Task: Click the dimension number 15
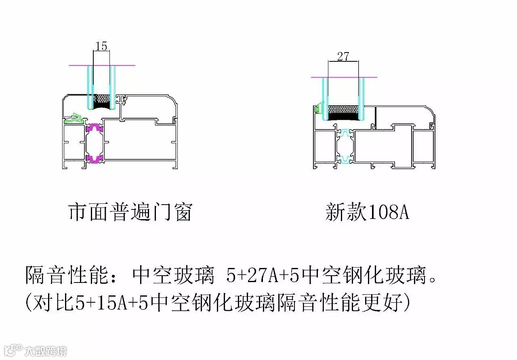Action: [x=101, y=46]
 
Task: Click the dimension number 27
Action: [x=343, y=56]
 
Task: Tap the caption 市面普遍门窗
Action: [x=130, y=212]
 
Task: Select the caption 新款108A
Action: [x=367, y=212]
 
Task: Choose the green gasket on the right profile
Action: [x=319, y=108]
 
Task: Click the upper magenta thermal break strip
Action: [x=95, y=128]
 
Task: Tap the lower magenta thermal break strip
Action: [x=95, y=159]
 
